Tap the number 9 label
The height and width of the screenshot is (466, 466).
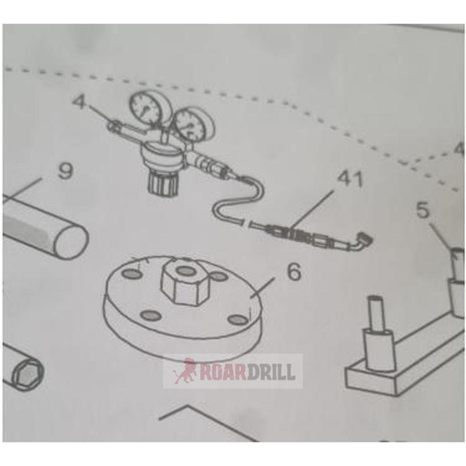pos(63,170)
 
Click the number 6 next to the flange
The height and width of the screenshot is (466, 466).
pos(268,269)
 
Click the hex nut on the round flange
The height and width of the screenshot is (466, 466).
pos(184,283)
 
